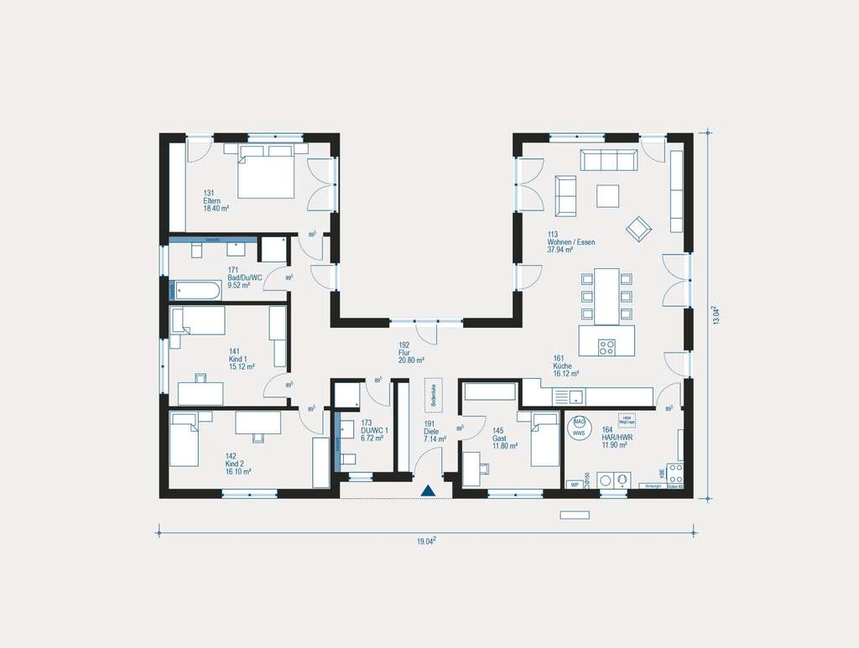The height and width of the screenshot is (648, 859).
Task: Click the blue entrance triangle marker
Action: coord(428,491)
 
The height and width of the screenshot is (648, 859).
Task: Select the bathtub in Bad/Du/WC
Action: coord(196,290)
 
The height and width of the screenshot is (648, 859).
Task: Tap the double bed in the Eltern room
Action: coord(266,174)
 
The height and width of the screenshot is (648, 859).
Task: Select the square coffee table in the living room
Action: coord(608,195)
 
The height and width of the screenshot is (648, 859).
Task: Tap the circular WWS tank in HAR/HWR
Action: coord(579,427)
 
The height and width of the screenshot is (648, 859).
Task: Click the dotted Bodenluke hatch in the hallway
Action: coord(434,394)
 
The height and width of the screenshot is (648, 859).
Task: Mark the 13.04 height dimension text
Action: coord(715,315)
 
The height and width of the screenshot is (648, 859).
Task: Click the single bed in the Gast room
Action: coord(544,442)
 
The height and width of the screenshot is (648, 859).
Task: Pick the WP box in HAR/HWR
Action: coord(575,485)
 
